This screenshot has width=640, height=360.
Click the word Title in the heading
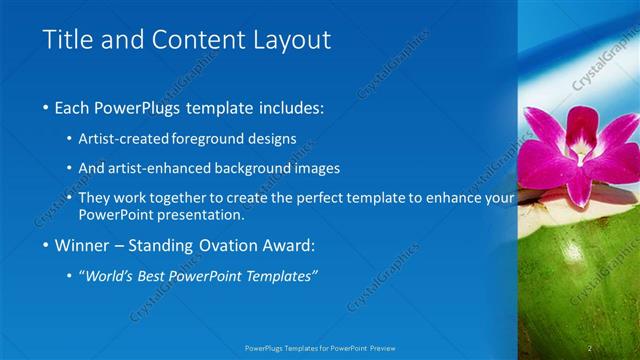click(67, 40)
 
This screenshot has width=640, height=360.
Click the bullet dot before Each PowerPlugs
click(47, 108)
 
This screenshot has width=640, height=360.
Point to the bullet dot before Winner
click(47, 246)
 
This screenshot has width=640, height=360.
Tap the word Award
click(286, 246)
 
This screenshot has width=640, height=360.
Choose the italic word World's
click(113, 276)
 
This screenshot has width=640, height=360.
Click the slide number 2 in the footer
click(590, 348)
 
